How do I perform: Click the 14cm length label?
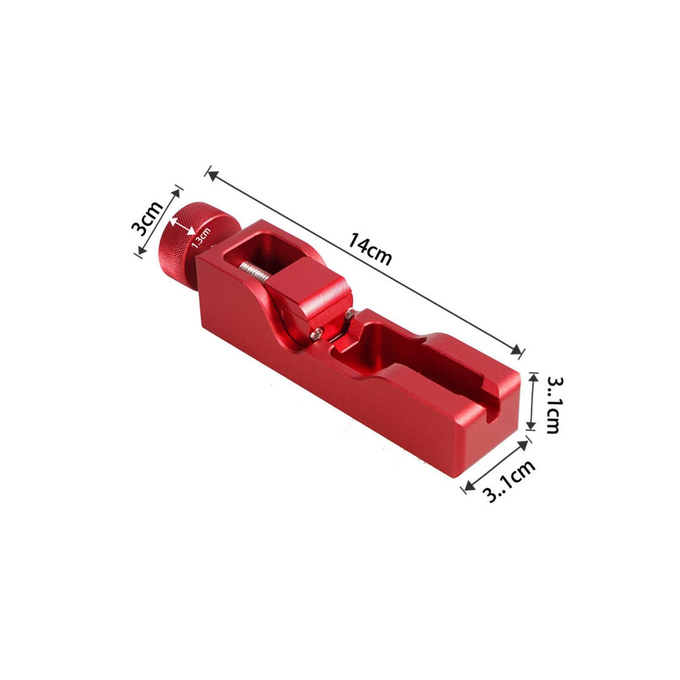(370, 249)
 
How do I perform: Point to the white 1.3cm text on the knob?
(201, 238)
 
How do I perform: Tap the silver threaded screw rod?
(252, 274)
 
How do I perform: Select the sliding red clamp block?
(309, 296)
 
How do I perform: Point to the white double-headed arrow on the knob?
(182, 226)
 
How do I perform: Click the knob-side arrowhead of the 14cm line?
(213, 176)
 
